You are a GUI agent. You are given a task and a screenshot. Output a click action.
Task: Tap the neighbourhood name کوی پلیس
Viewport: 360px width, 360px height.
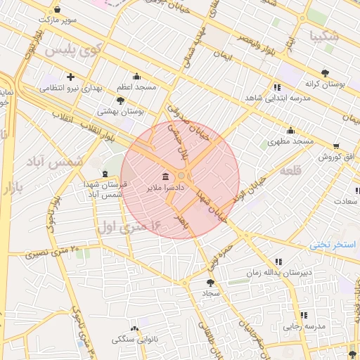74,51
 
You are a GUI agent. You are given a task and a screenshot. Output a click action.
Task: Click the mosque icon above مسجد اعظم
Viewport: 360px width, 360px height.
136,77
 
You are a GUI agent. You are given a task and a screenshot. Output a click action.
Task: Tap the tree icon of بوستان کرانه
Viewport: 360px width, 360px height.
324,72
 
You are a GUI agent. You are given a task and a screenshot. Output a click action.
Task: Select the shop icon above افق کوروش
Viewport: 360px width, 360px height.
335,145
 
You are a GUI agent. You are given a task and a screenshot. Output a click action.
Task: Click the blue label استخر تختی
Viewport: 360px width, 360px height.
334,244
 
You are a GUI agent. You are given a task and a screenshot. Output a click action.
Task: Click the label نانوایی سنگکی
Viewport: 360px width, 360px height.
135,340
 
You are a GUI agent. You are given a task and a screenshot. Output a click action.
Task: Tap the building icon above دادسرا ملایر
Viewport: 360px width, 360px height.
165,176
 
